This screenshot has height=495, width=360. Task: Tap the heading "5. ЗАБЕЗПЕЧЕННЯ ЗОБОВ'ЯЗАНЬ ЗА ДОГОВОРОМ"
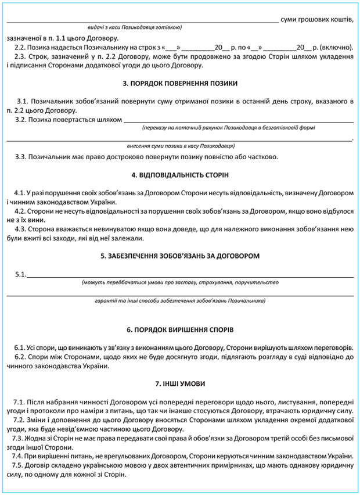pyautogui.click(x=180, y=256)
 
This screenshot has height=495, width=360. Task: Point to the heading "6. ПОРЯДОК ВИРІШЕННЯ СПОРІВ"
pyautogui.click(x=180, y=329)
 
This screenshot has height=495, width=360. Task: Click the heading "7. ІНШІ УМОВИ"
pyautogui.click(x=180, y=384)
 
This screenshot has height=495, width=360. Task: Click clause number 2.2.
pyautogui.click(x=19, y=47)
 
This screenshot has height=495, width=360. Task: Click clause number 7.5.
pyautogui.click(x=20, y=467)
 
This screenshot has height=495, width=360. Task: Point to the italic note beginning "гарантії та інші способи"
pyautogui.click(x=180, y=302)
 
